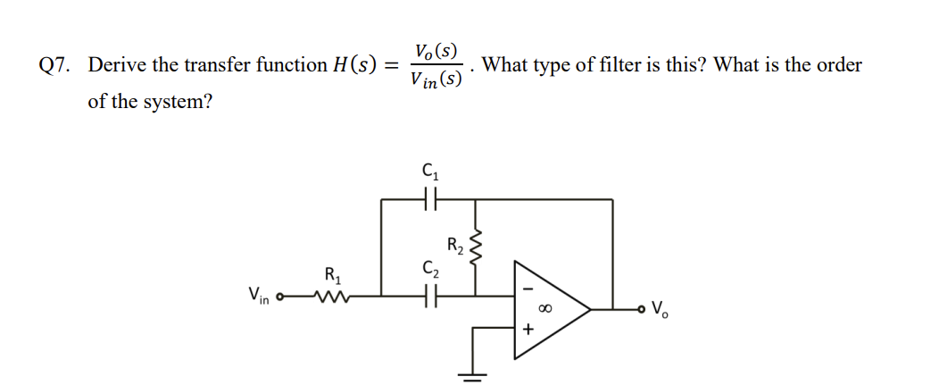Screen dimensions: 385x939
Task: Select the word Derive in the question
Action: click(x=117, y=65)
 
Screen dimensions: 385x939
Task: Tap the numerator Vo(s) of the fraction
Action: click(x=436, y=50)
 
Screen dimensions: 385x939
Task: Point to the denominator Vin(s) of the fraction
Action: click(x=436, y=80)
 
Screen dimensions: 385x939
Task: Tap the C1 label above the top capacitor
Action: click(x=429, y=170)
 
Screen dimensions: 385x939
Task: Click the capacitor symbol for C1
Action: click(x=429, y=200)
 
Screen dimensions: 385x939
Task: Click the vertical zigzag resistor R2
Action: click(x=476, y=245)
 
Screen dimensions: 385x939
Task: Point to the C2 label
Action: click(x=429, y=265)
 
